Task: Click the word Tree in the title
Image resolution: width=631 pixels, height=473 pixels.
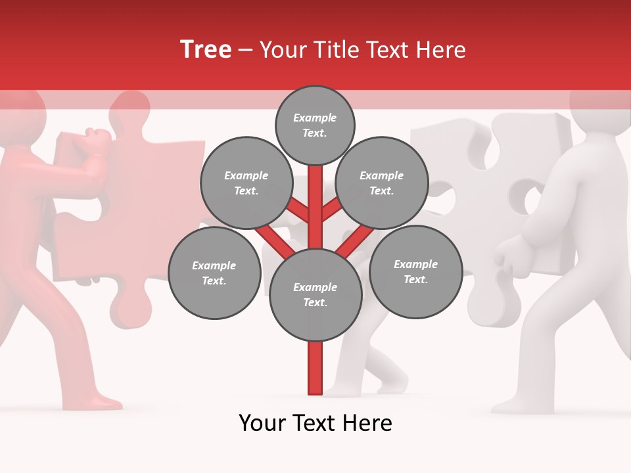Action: coord(206,49)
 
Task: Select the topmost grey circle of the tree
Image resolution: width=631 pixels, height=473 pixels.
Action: coord(315,125)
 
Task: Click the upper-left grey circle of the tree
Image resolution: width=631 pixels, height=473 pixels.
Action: coord(246,183)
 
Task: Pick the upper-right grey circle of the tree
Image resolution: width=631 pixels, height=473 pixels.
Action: coord(381,183)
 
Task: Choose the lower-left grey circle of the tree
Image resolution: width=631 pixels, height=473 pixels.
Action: coord(214,273)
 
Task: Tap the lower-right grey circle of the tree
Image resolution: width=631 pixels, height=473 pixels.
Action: coord(415,271)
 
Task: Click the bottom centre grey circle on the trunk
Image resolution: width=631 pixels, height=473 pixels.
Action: coord(315,294)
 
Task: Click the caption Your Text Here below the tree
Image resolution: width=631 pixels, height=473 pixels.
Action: coord(315,423)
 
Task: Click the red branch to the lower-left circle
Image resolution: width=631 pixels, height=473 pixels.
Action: coord(272,240)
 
